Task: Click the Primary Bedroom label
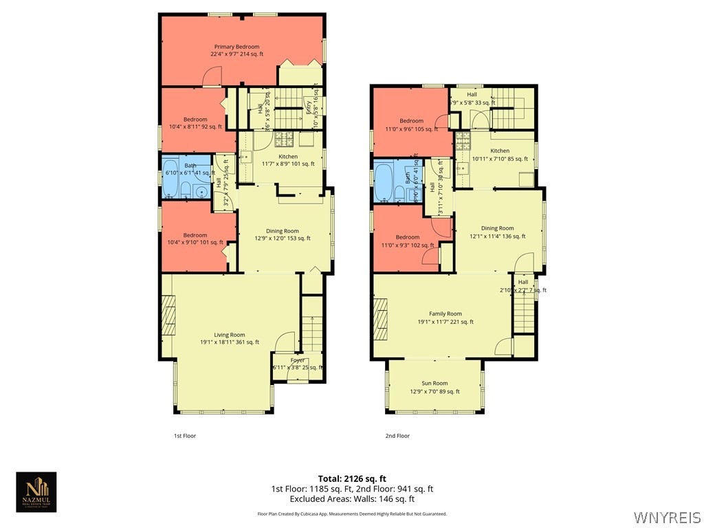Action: tap(236, 50)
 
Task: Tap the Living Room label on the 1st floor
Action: tap(228, 338)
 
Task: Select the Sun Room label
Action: tap(434, 387)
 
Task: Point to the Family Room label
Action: tap(445, 318)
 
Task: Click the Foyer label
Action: tap(298, 363)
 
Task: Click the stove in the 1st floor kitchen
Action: tap(285, 140)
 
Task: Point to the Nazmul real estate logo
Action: tap(36, 492)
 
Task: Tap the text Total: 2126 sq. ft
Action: tap(352, 478)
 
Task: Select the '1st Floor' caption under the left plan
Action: tap(184, 436)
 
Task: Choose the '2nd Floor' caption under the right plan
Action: tap(397, 436)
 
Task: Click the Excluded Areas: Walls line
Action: tap(352, 499)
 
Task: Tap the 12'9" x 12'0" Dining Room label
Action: tap(282, 234)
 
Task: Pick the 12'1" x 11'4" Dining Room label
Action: tap(497, 232)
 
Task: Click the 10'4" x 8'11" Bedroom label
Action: tap(195, 123)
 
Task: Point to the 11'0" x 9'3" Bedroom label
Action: tap(412, 240)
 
